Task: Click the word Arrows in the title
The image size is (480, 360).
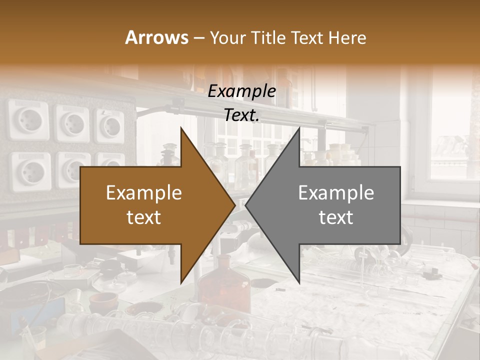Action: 157,37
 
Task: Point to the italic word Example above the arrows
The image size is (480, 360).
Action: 241,91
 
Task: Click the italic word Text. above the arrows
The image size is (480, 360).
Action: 241,115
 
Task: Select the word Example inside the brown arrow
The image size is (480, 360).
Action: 144,193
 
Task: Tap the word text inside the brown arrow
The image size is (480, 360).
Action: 144,217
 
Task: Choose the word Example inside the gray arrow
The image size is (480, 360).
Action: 336,193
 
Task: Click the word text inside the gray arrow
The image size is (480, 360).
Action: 336,217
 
